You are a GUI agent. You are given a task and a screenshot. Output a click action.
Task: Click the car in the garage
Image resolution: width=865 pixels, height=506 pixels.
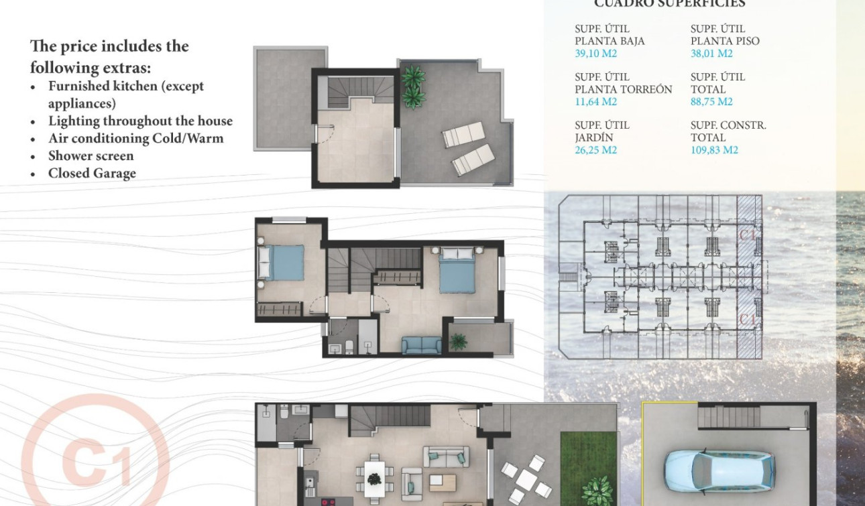click(x=718, y=470)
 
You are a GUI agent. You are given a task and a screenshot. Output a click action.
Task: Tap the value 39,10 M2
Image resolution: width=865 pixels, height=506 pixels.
click(x=595, y=54)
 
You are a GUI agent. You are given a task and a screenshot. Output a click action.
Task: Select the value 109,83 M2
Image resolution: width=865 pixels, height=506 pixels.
click(x=714, y=150)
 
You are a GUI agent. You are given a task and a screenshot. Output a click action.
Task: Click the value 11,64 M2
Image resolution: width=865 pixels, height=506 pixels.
click(x=595, y=102)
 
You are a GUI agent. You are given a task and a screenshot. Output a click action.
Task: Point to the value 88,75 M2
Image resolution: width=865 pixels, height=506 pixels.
click(x=711, y=102)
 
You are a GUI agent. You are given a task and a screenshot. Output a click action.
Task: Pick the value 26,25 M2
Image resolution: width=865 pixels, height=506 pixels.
click(x=595, y=150)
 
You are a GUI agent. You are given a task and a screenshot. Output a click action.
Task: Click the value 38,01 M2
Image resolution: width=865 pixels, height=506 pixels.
click(x=711, y=54)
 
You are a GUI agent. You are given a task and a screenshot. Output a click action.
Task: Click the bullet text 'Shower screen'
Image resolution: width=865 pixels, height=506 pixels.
click(x=91, y=155)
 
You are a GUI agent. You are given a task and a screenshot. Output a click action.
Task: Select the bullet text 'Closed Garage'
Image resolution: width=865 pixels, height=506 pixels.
click(x=92, y=173)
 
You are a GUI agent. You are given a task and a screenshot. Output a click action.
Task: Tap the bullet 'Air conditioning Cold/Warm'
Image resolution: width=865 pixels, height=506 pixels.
click(x=135, y=138)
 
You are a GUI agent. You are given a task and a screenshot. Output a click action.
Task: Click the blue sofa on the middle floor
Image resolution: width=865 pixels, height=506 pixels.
click(x=421, y=345)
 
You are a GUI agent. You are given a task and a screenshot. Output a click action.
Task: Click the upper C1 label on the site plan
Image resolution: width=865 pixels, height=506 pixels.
click(x=747, y=235)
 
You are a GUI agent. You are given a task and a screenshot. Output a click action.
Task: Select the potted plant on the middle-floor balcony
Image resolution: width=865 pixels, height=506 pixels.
click(x=459, y=341)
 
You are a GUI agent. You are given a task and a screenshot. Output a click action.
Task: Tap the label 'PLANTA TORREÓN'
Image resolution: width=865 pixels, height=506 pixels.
click(x=624, y=89)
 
